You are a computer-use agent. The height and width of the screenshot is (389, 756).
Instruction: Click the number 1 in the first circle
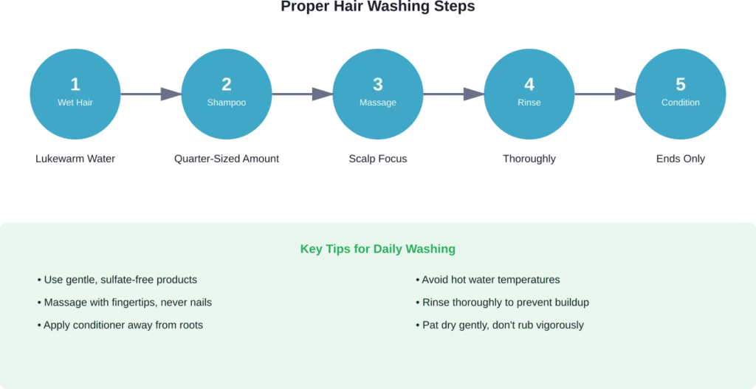pyautogui.click(x=75, y=84)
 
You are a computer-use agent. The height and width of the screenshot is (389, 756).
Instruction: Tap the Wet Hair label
pyautogui.click(x=75, y=103)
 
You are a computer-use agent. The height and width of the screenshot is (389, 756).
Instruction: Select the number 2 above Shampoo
pyautogui.click(x=227, y=84)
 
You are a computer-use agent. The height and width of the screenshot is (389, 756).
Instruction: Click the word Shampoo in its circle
pyautogui.click(x=227, y=103)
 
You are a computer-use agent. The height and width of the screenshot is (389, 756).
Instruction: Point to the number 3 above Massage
pyautogui.click(x=378, y=84)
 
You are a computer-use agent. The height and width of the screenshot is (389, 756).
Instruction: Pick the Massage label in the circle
pyautogui.click(x=378, y=103)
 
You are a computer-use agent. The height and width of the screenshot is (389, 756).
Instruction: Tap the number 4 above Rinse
pyautogui.click(x=529, y=84)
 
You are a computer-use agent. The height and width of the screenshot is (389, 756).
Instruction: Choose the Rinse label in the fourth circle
pyautogui.click(x=529, y=103)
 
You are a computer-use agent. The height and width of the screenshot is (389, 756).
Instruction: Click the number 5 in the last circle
pyautogui.click(x=681, y=84)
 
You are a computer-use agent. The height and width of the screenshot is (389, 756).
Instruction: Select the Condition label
pyautogui.click(x=681, y=103)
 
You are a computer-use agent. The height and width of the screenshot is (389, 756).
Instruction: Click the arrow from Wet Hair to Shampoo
pyautogui.click(x=151, y=94)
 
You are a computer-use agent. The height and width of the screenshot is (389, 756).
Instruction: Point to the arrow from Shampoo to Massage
pyautogui.click(x=303, y=94)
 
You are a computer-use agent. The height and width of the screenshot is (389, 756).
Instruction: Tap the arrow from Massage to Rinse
pyautogui.click(x=453, y=94)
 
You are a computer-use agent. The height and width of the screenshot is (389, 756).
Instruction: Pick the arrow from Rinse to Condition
pyautogui.click(x=605, y=94)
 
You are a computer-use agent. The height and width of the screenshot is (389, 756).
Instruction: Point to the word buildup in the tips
pyautogui.click(x=571, y=303)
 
